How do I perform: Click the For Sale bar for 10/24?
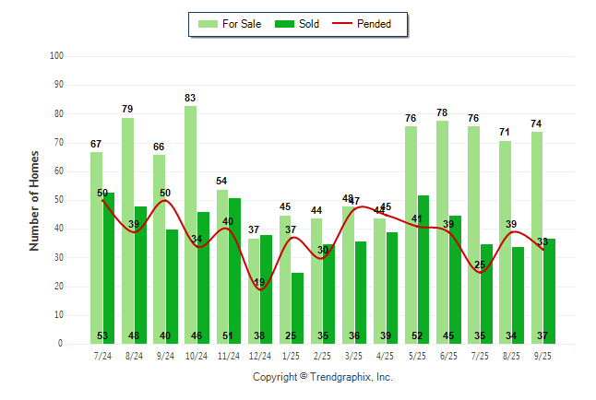click(190, 221)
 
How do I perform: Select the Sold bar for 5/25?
click(423, 267)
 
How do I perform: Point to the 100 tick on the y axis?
click(55, 56)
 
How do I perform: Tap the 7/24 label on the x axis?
click(102, 356)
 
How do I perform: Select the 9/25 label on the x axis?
click(542, 356)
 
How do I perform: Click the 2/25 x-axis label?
click(323, 356)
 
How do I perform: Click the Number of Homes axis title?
click(35, 200)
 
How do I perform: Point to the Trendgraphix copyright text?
click(323, 377)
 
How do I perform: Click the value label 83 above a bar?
click(190, 98)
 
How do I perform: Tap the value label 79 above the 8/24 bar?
click(127, 109)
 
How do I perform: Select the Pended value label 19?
click(260, 282)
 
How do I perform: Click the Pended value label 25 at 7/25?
click(480, 265)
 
